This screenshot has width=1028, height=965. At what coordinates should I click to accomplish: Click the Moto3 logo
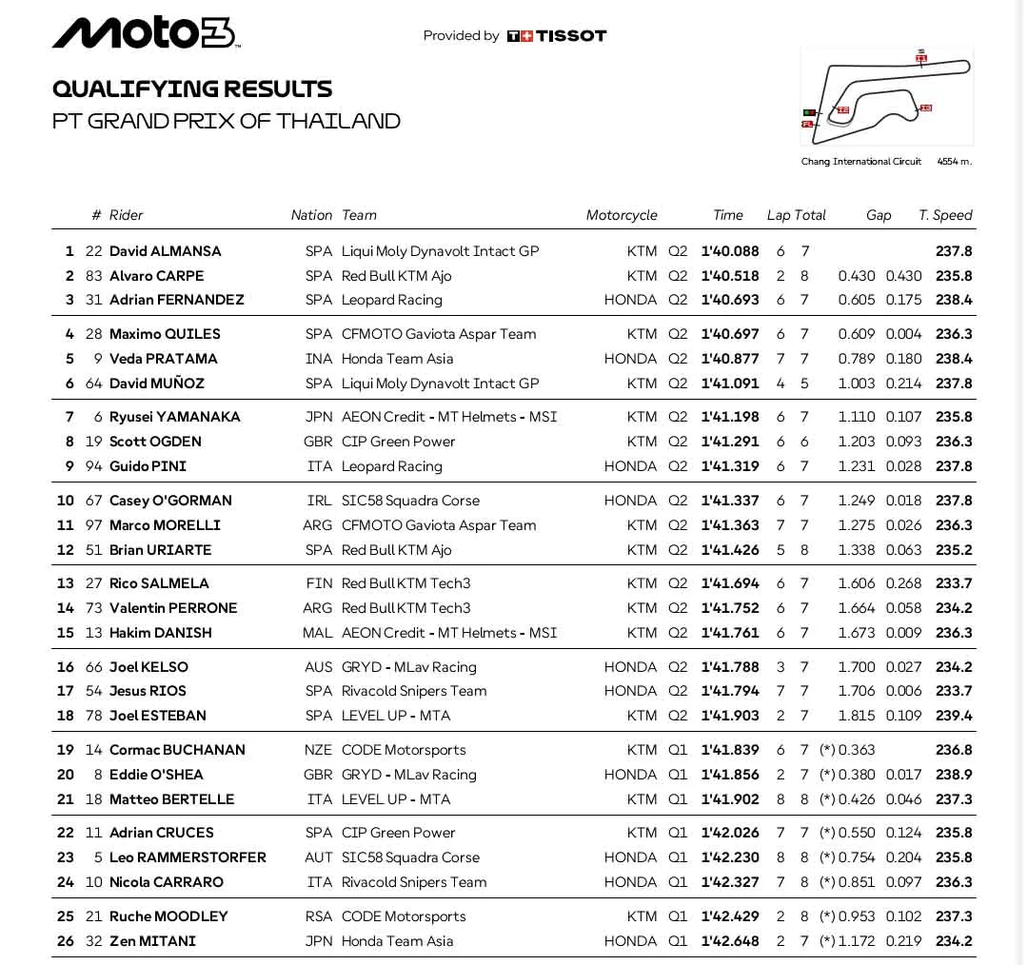(x=146, y=33)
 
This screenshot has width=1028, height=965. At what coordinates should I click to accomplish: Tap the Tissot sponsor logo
(x=557, y=36)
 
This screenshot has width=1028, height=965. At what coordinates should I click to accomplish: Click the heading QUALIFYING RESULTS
(x=192, y=89)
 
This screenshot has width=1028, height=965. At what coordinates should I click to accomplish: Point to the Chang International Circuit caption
(x=860, y=162)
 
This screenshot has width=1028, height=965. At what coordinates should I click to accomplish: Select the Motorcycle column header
(x=622, y=215)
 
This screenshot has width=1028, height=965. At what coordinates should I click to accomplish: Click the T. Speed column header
(x=945, y=215)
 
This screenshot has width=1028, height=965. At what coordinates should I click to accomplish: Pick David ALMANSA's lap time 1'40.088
(x=730, y=251)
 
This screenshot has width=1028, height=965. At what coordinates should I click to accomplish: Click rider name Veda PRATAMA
(x=164, y=359)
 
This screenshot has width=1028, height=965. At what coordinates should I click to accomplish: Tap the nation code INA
(x=319, y=359)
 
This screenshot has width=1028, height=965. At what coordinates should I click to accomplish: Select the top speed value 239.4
(x=954, y=716)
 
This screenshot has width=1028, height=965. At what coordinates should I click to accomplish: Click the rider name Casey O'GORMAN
(x=170, y=501)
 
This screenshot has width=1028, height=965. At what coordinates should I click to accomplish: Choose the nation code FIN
(x=320, y=583)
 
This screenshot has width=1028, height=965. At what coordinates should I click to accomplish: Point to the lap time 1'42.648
(x=730, y=941)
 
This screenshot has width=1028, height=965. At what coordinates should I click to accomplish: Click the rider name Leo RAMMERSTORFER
(x=188, y=857)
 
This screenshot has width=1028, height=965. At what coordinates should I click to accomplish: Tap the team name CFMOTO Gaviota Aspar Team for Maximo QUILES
(x=439, y=334)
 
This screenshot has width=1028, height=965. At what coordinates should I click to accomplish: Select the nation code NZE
(x=318, y=750)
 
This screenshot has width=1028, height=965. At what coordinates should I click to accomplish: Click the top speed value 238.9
(x=954, y=775)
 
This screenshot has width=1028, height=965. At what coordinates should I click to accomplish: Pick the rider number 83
(x=93, y=276)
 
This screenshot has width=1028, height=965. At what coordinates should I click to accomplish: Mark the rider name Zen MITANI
(x=152, y=941)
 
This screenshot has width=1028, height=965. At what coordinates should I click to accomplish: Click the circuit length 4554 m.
(x=954, y=162)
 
